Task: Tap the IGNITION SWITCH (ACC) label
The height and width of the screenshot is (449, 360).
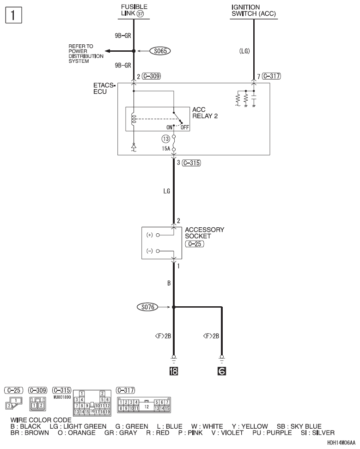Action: click(x=252, y=10)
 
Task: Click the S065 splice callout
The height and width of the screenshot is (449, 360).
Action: click(x=160, y=51)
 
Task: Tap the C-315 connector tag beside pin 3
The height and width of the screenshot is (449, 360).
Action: click(x=191, y=163)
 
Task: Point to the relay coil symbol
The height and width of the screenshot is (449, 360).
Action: click(x=134, y=120)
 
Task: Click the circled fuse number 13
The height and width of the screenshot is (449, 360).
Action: click(x=166, y=138)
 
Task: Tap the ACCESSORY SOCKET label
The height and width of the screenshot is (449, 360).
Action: click(x=204, y=233)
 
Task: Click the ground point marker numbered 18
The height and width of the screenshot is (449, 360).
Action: click(x=173, y=370)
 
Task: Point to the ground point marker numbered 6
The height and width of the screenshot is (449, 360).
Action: click(x=222, y=370)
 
